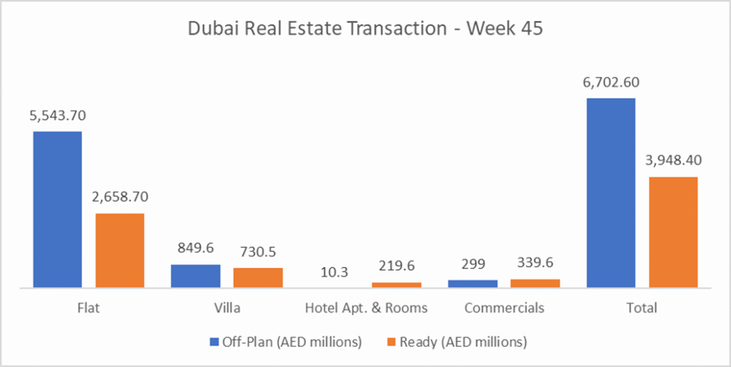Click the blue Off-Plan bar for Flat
[x=58, y=209]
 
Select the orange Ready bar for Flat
[x=120, y=250]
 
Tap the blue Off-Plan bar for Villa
[x=196, y=276]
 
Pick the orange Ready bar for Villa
[x=258, y=278]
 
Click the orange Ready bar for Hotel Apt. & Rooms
[x=396, y=285]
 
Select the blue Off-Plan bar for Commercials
[x=473, y=283]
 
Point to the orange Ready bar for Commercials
[x=535, y=283]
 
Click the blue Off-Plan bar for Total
[x=611, y=193]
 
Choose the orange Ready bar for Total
[x=673, y=232]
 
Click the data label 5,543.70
[x=58, y=115]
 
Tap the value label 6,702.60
[x=611, y=82]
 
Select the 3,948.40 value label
[x=673, y=161]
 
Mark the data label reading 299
[x=473, y=264]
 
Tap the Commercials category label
[x=504, y=308]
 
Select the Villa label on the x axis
[x=227, y=308]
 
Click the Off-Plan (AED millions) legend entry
[x=286, y=342]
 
